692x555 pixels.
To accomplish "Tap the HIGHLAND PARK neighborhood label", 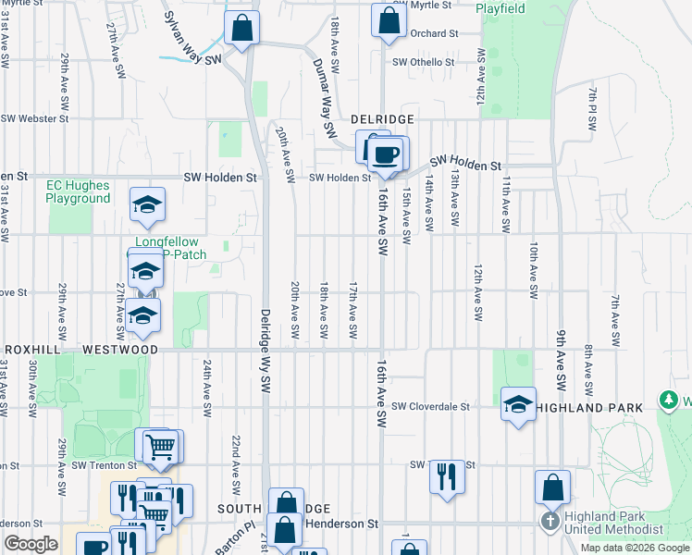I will tap(588, 408).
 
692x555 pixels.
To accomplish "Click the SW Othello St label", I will tap(424, 63).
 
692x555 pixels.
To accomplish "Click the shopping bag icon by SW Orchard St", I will tap(389, 18).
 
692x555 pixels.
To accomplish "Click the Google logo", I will tap(31, 544).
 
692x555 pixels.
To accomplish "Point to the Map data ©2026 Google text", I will tap(634, 548).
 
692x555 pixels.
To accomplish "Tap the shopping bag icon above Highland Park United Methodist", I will tap(552, 485).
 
